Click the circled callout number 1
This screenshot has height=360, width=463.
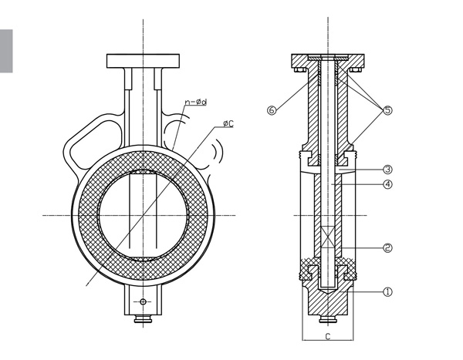click(387, 291)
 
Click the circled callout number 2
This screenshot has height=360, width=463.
click(387, 247)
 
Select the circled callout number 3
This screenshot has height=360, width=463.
click(387, 169)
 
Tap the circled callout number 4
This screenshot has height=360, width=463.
click(387, 183)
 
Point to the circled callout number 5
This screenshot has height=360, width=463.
click(387, 110)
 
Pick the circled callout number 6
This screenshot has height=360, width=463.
click(271, 110)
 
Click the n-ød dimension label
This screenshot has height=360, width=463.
click(194, 101)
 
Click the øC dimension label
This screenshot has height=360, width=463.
click(229, 123)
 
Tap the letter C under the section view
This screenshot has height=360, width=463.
click(328, 337)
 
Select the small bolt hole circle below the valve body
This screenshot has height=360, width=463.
click(143, 301)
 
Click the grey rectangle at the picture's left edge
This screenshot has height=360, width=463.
click(6, 51)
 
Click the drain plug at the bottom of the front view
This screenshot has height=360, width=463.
click(143, 318)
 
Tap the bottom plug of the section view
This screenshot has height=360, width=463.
click(328, 318)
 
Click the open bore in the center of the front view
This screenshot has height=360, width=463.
click(143, 214)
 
